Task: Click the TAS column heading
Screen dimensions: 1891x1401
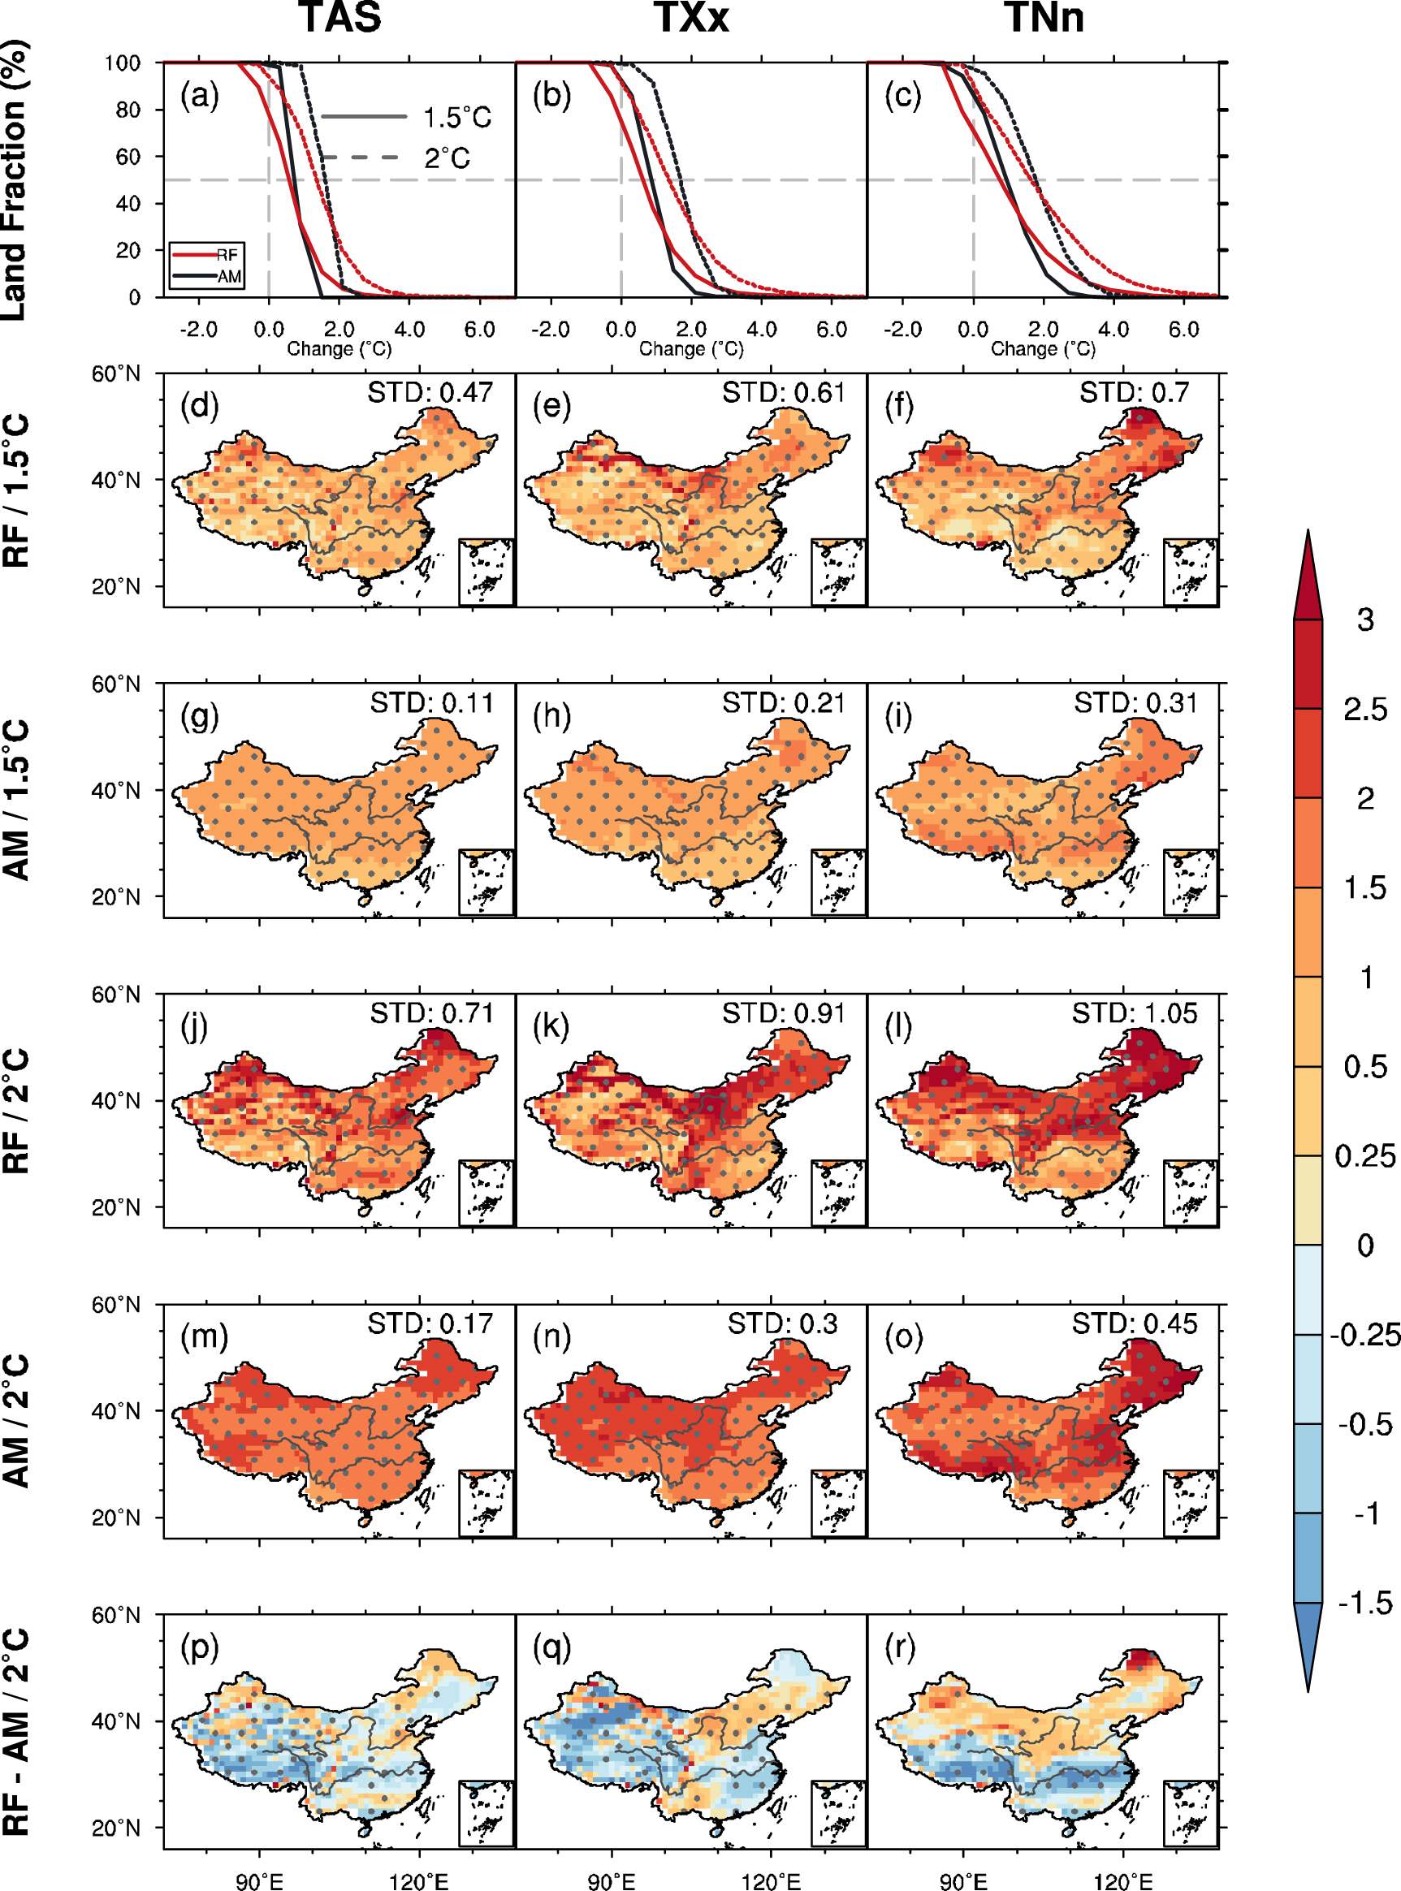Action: pyautogui.click(x=339, y=18)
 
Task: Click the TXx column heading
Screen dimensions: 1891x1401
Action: pyautogui.click(x=691, y=18)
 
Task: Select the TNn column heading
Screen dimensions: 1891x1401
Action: pyautogui.click(x=1044, y=18)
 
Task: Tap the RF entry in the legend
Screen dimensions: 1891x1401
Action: pyautogui.click(x=226, y=255)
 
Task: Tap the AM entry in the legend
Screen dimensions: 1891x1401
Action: pyautogui.click(x=228, y=276)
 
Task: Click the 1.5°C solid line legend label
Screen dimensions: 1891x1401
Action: pyautogui.click(x=457, y=117)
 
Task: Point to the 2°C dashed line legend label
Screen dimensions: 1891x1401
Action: pyautogui.click(x=447, y=158)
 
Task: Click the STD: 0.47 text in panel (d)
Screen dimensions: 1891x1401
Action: pyautogui.click(x=430, y=392)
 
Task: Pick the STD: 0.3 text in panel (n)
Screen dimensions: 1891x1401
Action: pyautogui.click(x=782, y=1323)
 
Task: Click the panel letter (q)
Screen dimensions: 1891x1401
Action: pyautogui.click(x=551, y=1647)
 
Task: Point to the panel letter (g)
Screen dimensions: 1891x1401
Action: pyautogui.click(x=199, y=716)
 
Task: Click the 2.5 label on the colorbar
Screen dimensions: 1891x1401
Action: pyautogui.click(x=1364, y=709)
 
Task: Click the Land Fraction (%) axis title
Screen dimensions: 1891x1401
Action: pyautogui.click(x=15, y=179)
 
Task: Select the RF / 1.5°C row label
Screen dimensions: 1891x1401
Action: pyautogui.click(x=17, y=490)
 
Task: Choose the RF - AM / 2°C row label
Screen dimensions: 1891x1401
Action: pyautogui.click(x=17, y=1731)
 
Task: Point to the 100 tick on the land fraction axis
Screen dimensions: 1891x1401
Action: pyautogui.click(x=122, y=63)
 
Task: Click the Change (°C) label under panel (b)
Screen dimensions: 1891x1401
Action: pyautogui.click(x=690, y=348)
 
